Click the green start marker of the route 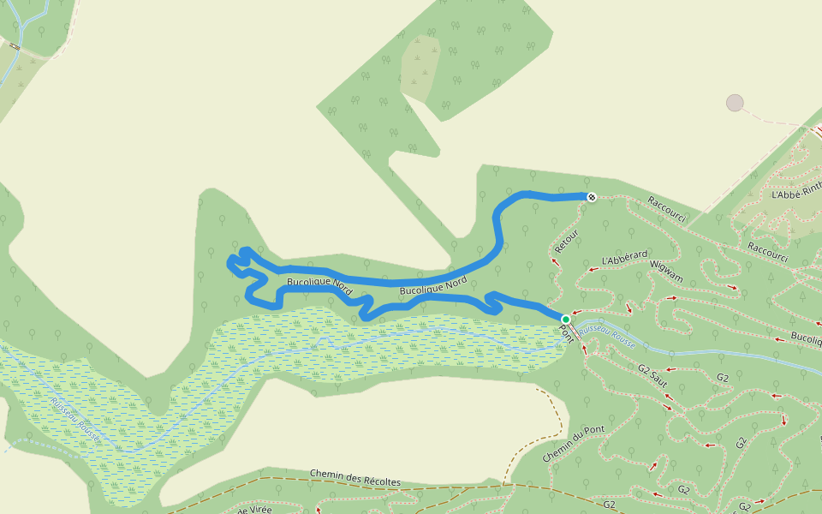[565, 320]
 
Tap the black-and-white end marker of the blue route [591, 197]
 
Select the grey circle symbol [735, 103]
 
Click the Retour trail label [567, 239]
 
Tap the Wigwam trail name [667, 271]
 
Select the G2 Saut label [652, 374]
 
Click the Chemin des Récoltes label [354, 477]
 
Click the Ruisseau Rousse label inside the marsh [74, 419]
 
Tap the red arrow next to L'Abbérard [591, 269]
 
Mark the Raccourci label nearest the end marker [667, 209]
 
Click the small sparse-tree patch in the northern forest [420, 67]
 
